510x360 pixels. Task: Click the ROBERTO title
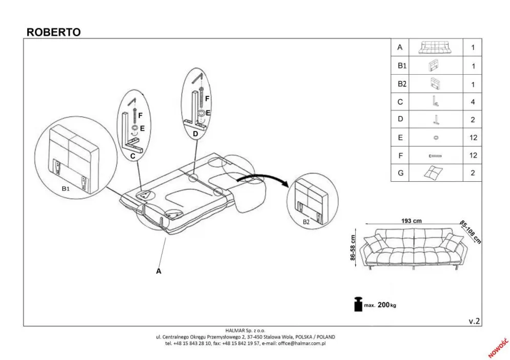click(53, 32)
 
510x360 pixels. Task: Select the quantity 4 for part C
click(473, 102)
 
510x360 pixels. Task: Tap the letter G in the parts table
click(400, 173)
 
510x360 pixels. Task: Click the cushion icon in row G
click(435, 173)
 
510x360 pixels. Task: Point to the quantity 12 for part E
click(473, 137)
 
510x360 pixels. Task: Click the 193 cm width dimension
click(411, 221)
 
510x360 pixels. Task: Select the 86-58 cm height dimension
click(353, 248)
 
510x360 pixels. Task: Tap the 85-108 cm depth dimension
click(470, 232)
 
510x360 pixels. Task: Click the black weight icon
click(356, 304)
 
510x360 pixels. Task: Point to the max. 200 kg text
click(380, 305)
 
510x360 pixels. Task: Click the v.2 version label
click(474, 321)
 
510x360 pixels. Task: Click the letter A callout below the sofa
click(159, 271)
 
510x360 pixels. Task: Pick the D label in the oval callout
click(195, 134)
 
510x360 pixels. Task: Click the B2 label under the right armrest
click(306, 222)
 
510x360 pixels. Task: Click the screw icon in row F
click(435, 155)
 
